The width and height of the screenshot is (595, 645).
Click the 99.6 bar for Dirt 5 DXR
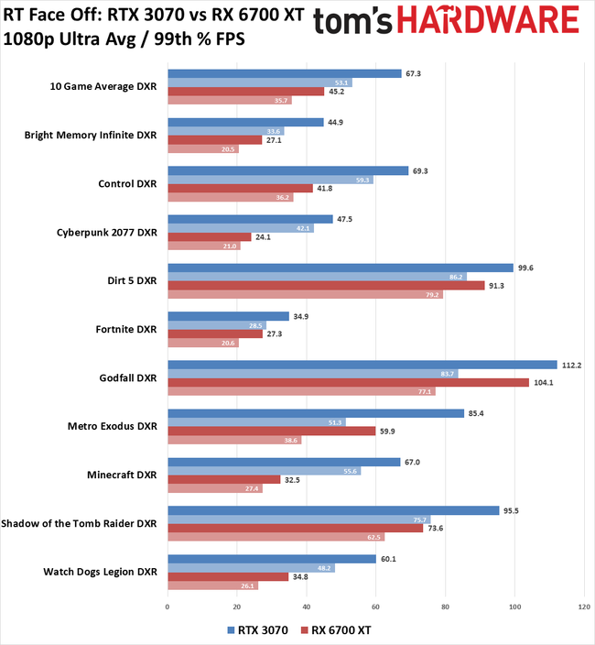340,268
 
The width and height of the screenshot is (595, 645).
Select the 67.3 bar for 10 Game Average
284,73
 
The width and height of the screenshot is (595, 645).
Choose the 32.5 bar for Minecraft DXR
223,479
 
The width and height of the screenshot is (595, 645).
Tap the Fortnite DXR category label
126,328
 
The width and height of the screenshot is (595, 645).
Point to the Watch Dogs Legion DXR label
99,571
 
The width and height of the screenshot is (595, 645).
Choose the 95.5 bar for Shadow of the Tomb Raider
333,510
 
